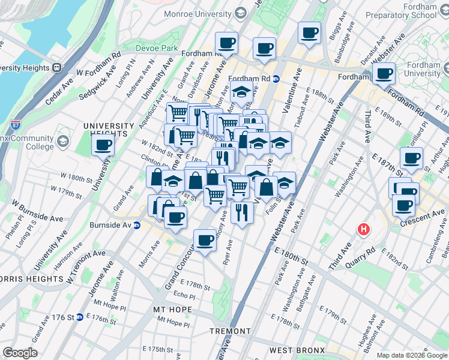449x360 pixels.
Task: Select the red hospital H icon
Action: [363, 229]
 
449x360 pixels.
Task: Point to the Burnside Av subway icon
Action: [137, 226]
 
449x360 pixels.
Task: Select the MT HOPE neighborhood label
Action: [172, 310]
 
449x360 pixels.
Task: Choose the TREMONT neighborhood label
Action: [230, 331]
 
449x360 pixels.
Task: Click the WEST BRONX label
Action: [297, 350]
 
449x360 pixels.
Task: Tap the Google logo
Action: [20, 353]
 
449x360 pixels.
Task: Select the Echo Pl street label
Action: [184, 296]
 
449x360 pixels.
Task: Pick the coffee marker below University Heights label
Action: [103, 145]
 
